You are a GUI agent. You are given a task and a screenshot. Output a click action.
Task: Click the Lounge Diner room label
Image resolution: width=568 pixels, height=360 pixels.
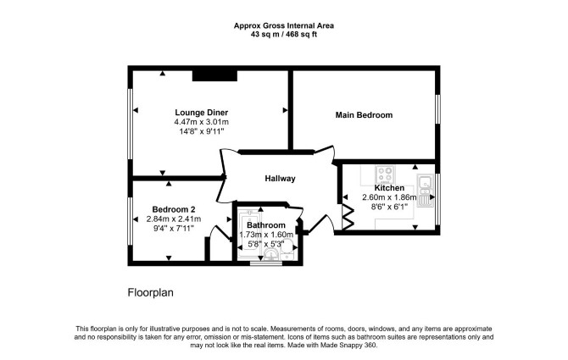coord(202,112)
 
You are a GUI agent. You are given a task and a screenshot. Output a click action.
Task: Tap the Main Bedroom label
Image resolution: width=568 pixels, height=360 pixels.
coord(364,115)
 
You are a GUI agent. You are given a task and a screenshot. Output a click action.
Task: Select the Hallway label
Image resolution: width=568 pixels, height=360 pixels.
coord(280,179)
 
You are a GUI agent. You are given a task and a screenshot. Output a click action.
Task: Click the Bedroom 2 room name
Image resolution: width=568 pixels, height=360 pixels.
coord(174,209)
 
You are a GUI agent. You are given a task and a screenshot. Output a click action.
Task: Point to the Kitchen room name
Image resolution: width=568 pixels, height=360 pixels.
coord(389,188)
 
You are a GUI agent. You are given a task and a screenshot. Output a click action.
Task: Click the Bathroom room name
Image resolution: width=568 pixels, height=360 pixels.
coord(266,225)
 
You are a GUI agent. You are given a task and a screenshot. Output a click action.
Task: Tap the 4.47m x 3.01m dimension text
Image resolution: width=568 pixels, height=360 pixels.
coord(202,122)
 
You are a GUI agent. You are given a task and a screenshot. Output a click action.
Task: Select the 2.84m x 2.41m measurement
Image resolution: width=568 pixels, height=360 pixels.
coord(174,219)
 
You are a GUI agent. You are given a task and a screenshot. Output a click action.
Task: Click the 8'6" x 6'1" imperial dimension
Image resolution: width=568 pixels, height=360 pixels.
coord(389,207)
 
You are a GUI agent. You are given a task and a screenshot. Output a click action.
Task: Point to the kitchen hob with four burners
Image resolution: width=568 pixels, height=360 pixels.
coord(385,175)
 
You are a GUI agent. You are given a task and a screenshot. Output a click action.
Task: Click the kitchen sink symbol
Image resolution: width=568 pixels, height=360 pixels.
coord(425,191)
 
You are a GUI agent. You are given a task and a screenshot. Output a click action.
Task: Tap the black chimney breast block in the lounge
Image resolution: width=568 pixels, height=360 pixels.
coord(214,75)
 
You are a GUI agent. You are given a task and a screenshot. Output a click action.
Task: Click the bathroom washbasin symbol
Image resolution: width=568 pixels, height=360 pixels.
coord(271,255)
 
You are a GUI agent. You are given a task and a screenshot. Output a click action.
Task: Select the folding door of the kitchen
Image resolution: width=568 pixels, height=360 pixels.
coord(348,217)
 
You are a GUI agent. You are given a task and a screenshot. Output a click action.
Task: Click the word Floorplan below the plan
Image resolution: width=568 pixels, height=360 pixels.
coord(150,292)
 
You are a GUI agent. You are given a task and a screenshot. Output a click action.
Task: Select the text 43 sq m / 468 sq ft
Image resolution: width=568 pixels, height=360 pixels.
coord(284,35)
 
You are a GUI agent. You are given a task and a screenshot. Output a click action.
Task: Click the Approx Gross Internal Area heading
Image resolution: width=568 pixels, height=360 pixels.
coord(284,25)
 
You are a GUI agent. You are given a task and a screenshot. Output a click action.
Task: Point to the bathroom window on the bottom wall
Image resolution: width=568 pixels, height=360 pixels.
coord(266,263)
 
